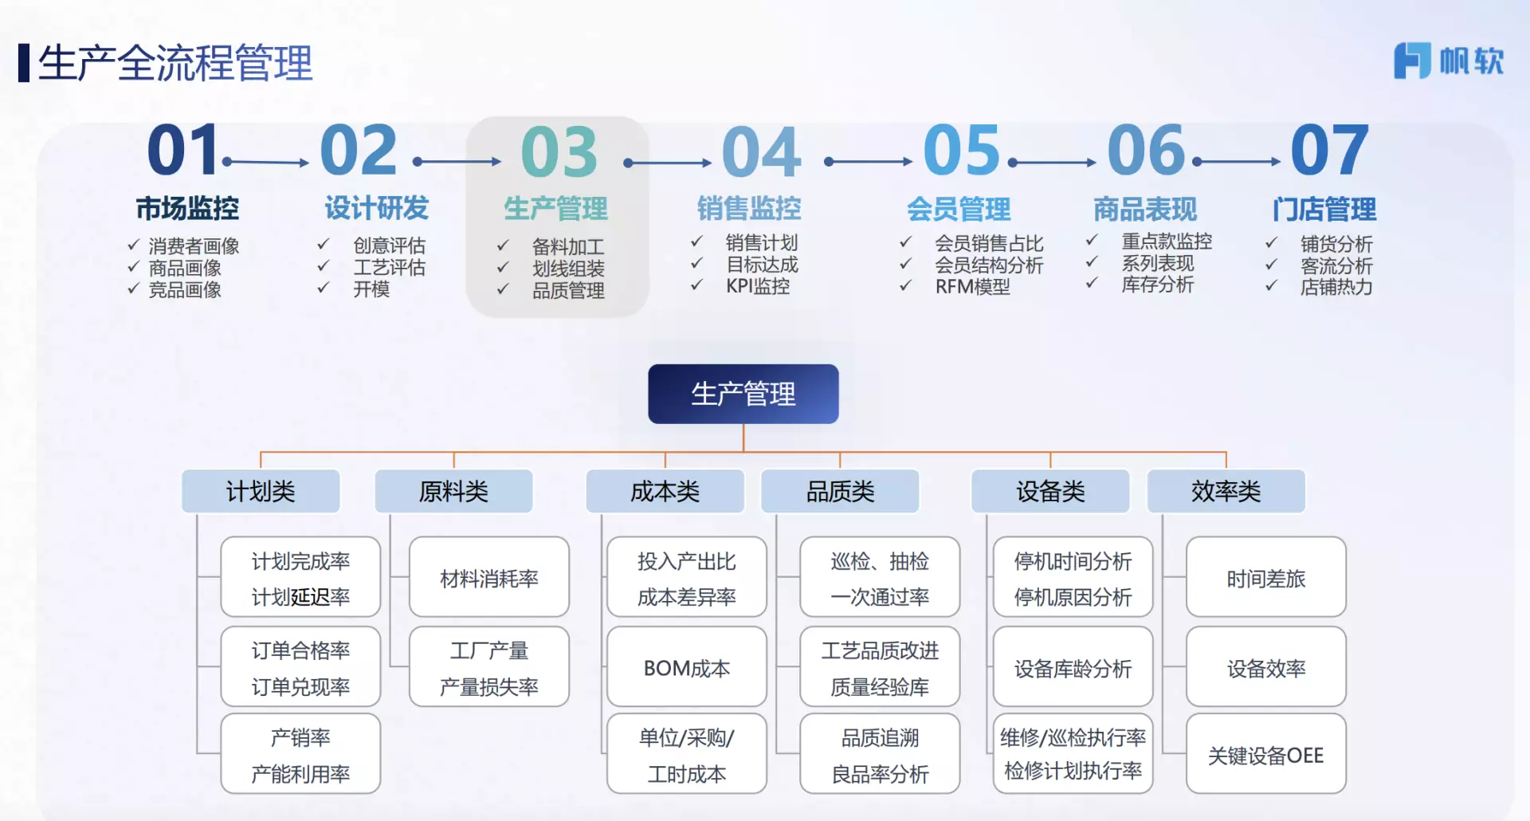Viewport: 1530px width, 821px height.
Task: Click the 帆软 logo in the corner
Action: click(1448, 61)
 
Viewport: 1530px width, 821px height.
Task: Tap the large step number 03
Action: click(559, 151)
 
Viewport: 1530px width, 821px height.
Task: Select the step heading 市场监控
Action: click(187, 208)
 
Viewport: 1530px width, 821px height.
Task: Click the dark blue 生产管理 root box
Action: click(743, 394)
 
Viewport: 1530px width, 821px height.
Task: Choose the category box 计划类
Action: click(261, 491)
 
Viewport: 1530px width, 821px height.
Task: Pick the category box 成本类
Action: click(665, 491)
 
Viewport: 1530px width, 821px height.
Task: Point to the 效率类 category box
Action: click(1226, 491)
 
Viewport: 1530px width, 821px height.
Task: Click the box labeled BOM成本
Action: click(687, 667)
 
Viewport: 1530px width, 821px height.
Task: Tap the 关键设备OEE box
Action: click(1266, 754)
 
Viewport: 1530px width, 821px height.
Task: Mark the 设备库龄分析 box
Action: click(1073, 667)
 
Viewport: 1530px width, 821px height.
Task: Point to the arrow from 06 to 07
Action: click(1237, 162)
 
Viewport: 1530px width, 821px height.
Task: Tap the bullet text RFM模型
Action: click(973, 287)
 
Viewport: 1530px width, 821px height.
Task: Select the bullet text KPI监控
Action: click(758, 286)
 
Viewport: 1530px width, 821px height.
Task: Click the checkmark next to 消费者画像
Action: click(134, 245)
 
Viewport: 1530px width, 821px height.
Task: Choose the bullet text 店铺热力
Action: click(1336, 287)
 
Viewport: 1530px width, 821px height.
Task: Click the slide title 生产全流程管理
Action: click(175, 63)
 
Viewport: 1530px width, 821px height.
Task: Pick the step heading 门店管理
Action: click(1324, 210)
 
